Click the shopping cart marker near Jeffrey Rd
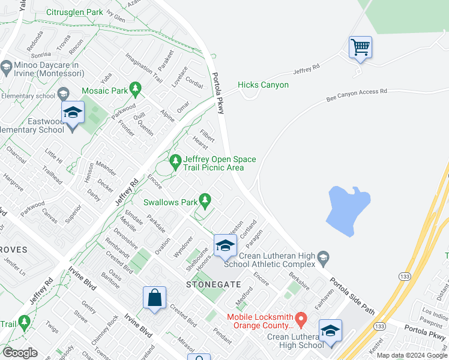[x=360, y=47]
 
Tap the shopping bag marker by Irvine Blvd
[x=154, y=298]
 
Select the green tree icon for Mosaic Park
[x=135, y=89]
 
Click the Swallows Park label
[x=170, y=203]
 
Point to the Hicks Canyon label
[x=263, y=85]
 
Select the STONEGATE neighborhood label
[x=205, y=284]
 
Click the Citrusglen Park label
[x=74, y=12]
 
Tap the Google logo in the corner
[x=20, y=353]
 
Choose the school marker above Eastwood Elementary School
[x=73, y=113]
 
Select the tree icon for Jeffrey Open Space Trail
[x=175, y=161]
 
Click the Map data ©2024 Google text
[x=412, y=355]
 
